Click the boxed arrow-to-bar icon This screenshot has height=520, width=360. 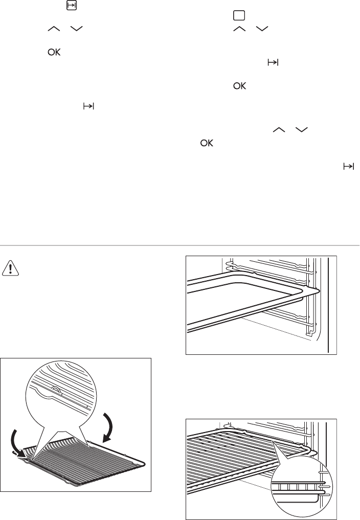point(72,6)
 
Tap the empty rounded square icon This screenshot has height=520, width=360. point(239,15)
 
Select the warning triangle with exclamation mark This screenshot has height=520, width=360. point(10,268)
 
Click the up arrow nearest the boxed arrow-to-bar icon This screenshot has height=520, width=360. point(54,29)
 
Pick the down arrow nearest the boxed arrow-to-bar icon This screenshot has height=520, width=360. point(76,29)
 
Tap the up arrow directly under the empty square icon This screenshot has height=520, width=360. point(239,29)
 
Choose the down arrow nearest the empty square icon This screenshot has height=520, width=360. point(262,29)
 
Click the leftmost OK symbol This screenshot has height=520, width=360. point(54,52)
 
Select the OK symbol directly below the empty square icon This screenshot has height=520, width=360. point(239,86)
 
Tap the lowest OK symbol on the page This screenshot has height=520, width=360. point(207,143)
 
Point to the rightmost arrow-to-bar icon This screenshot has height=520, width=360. point(349,167)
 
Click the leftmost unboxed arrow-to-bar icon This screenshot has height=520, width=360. point(88,106)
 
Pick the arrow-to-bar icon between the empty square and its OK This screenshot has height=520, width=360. point(273,62)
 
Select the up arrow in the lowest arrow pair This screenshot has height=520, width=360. point(279,130)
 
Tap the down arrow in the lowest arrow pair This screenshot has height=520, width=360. point(301,130)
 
